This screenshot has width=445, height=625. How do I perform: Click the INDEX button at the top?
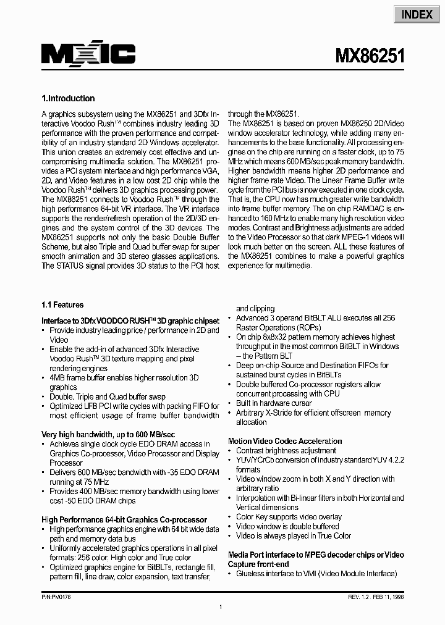(417, 14)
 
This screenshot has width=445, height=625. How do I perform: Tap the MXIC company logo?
(88, 54)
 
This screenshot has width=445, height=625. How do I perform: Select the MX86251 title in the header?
(370, 57)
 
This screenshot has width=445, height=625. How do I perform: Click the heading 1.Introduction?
(68, 98)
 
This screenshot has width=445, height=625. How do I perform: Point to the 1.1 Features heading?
(62, 304)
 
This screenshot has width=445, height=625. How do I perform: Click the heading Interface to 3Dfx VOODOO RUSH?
(130, 321)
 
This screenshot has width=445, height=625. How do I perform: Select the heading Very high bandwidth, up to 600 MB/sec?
(108, 434)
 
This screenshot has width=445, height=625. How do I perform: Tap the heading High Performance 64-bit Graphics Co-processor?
(124, 520)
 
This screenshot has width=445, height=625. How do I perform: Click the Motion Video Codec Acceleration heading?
(285, 441)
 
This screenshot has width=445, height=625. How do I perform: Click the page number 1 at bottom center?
(221, 608)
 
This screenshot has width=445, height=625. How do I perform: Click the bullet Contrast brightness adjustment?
(286, 451)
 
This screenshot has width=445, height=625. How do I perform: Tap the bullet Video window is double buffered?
(287, 526)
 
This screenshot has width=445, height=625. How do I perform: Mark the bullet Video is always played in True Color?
(294, 535)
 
